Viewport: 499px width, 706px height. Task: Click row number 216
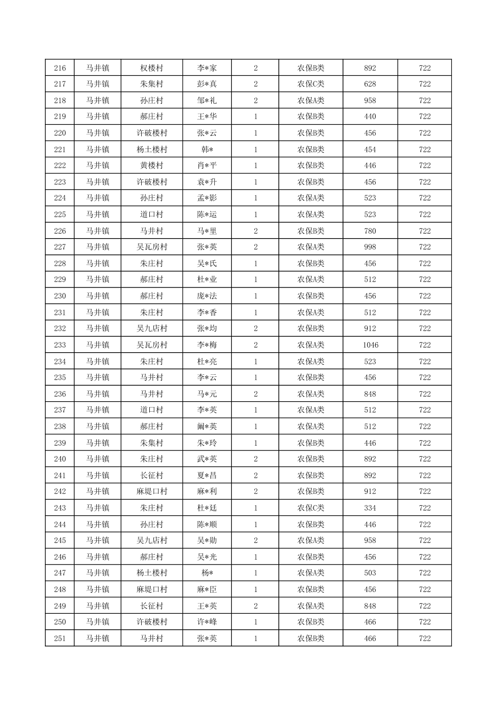tap(60, 68)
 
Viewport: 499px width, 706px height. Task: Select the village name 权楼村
tap(151, 68)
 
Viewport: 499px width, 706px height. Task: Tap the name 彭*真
tap(207, 84)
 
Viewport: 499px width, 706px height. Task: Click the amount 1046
tap(370, 345)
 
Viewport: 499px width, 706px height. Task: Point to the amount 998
tap(370, 247)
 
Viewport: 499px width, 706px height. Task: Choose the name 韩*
tap(207, 149)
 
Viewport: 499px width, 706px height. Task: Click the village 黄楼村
tap(151, 166)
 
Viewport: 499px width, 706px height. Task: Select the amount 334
tap(370, 508)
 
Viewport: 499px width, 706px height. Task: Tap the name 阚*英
tap(207, 426)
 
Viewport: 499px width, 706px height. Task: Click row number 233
tap(60, 345)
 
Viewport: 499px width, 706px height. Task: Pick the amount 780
tap(370, 231)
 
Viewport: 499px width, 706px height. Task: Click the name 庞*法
tap(207, 296)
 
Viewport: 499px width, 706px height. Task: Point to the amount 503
tap(370, 573)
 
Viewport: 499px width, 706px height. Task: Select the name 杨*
tap(207, 573)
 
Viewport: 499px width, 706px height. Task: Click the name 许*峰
tap(207, 622)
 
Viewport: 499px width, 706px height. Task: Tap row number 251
tap(60, 639)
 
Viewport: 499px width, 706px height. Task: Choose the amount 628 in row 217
tap(370, 84)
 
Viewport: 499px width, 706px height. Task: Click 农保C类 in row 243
tap(311, 508)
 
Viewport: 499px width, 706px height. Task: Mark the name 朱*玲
tap(207, 443)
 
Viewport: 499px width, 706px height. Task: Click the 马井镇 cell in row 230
tap(98, 296)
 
